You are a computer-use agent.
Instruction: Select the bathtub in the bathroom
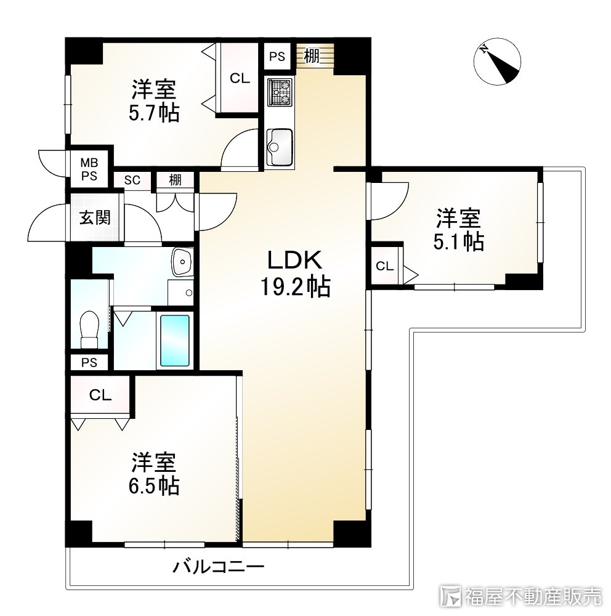click(176, 340)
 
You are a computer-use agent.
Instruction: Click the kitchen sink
click(280, 147)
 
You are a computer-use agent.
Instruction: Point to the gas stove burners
click(280, 93)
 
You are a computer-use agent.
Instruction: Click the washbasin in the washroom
click(182, 263)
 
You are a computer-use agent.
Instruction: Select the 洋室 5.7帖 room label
click(155, 101)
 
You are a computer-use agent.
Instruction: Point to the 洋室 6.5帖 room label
click(155, 474)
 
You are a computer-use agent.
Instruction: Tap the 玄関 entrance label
click(95, 217)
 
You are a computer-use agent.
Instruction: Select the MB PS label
click(90, 168)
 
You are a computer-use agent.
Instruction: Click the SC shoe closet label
click(132, 180)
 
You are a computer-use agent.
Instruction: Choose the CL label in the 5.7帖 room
click(240, 78)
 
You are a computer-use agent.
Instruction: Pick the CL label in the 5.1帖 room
click(385, 267)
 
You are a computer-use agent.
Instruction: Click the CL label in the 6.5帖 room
click(99, 395)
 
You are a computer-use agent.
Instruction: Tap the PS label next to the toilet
click(89, 362)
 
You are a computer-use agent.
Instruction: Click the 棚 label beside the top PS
click(312, 57)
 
